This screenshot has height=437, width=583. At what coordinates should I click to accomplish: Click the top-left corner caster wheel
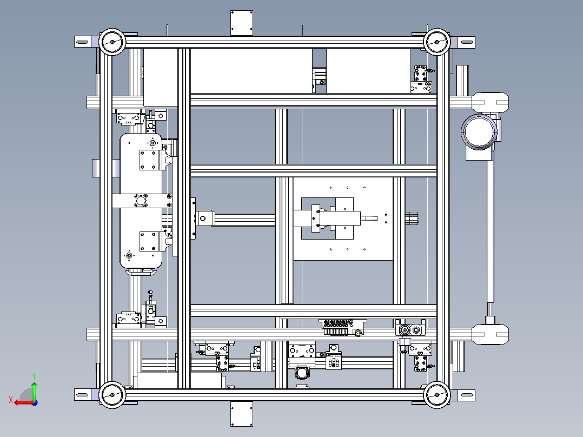112,41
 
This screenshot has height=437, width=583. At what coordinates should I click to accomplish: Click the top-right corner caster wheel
437,41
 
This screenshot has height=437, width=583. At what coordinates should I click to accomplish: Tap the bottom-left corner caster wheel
112,395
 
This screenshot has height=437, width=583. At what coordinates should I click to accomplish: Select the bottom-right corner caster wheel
437,395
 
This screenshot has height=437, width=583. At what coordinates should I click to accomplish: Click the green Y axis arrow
34,388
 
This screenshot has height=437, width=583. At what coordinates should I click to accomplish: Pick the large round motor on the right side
479,131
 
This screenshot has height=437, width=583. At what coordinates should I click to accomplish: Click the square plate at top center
242,23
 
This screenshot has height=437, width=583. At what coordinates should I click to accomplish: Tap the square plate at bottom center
242,414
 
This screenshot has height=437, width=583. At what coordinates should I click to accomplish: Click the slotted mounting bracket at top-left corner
83,41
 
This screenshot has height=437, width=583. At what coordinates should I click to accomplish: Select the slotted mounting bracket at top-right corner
466,41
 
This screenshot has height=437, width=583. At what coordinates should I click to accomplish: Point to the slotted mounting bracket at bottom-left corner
83,395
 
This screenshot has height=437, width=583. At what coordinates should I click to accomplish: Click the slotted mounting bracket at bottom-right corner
466,395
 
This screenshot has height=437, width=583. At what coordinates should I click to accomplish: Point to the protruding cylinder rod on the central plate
370,219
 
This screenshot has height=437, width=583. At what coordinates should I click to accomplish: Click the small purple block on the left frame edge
95,168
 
